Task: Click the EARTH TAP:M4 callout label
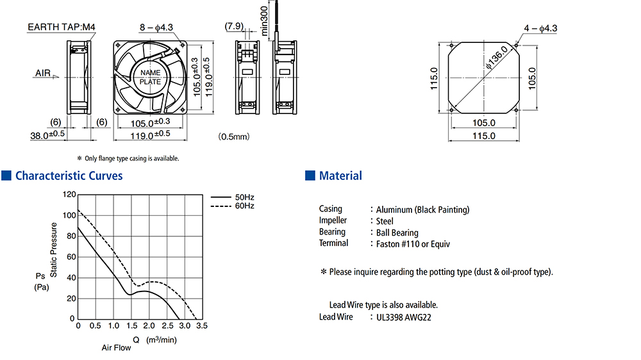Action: [62, 27]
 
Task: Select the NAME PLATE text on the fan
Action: [150, 78]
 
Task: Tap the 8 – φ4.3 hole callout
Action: [156, 28]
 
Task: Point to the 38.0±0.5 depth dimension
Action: [47, 135]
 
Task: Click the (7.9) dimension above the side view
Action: [234, 26]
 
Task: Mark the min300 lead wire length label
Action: [264, 21]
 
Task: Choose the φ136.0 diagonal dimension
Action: [496, 57]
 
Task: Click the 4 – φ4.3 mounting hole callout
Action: [540, 28]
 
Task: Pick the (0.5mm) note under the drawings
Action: [234, 136]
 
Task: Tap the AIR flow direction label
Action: [43, 73]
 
